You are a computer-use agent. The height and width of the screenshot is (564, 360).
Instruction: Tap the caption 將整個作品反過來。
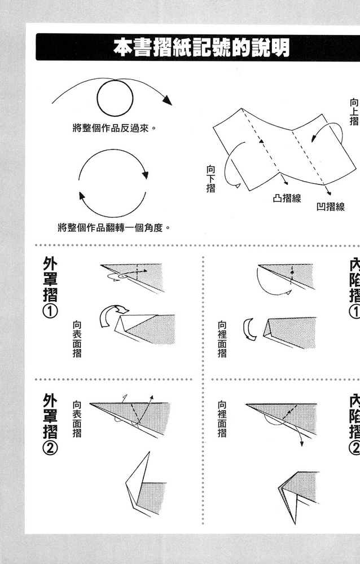[x=114, y=128]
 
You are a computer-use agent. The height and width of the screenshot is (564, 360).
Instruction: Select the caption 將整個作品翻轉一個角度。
[x=113, y=228]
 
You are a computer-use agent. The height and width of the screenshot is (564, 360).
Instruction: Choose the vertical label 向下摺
[x=210, y=178]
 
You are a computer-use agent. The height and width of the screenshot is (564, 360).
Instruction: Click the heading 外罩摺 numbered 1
[x=50, y=280]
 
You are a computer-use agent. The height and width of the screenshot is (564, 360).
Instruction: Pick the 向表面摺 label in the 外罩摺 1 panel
[x=77, y=338]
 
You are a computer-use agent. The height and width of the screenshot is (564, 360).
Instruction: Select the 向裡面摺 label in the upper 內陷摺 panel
[x=222, y=339]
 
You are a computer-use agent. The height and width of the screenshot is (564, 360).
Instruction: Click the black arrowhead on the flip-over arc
[x=166, y=100]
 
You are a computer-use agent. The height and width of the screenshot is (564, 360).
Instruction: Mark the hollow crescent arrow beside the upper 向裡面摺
[x=248, y=329]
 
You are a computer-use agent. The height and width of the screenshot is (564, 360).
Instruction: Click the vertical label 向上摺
[x=354, y=112]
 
